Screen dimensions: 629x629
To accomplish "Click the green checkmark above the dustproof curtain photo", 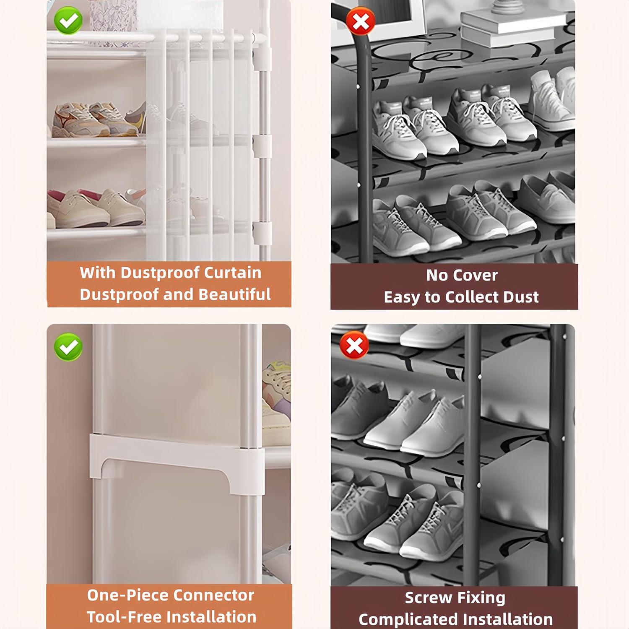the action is click(68, 20).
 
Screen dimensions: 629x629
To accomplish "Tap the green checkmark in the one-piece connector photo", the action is click(68, 347).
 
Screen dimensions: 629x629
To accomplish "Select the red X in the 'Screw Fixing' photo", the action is click(354, 345).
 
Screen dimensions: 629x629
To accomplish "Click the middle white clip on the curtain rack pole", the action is click(262, 144).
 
